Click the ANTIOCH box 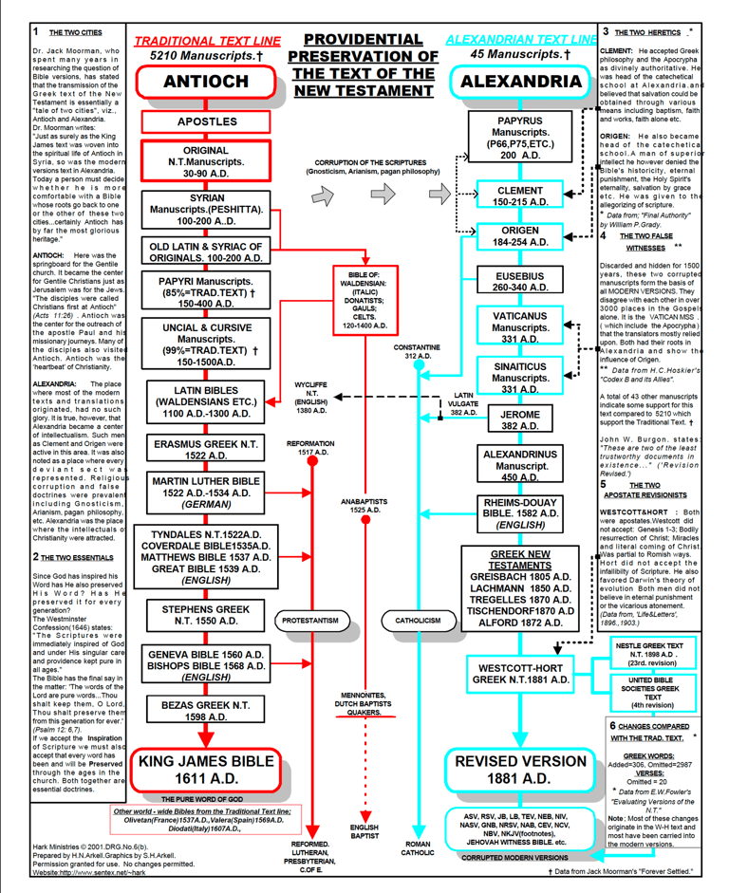[x=206, y=82]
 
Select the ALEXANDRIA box [x=520, y=82]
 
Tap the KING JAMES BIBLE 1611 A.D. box [x=206, y=770]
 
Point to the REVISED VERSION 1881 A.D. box [x=520, y=770]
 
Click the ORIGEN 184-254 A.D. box [x=520, y=236]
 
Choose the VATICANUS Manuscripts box [x=520, y=326]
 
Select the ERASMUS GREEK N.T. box [x=206, y=450]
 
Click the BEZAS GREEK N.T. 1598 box [x=206, y=712]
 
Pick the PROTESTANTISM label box [x=310, y=621]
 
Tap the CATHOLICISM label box [x=419, y=621]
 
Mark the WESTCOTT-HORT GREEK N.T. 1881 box [x=520, y=674]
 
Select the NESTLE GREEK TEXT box [x=653, y=655]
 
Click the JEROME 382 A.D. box [x=520, y=420]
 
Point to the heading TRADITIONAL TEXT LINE [x=208, y=41]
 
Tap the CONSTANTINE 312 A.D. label [x=421, y=352]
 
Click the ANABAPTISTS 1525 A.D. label [x=365, y=505]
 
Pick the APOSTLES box [x=206, y=122]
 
